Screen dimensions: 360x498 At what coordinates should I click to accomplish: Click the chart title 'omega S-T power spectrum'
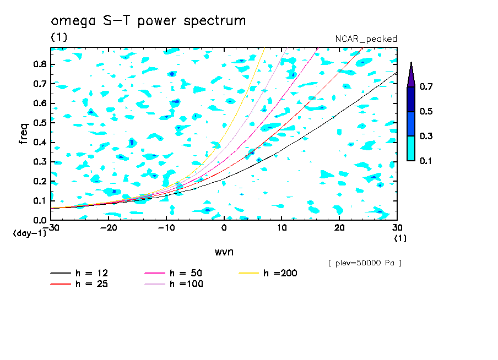click(x=148, y=21)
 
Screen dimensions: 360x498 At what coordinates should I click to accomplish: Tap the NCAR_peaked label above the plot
click(x=366, y=39)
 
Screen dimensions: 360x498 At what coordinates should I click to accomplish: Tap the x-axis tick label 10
click(x=281, y=228)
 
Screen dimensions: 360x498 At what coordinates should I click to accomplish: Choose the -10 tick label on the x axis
click(x=166, y=228)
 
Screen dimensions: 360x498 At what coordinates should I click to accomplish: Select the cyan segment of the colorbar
click(x=411, y=148)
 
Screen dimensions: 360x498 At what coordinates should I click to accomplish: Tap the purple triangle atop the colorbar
click(x=411, y=75)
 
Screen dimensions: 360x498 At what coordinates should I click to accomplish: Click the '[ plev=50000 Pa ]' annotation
click(x=364, y=263)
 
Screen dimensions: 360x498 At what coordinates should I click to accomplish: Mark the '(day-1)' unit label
click(x=29, y=233)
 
